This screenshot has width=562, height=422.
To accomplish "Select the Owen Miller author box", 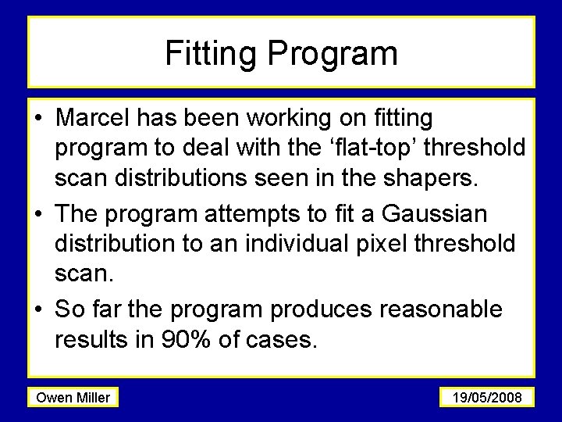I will pos(73,398).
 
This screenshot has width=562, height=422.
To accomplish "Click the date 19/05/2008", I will pos(487,398).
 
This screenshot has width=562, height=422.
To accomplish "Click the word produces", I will pos(319,309).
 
